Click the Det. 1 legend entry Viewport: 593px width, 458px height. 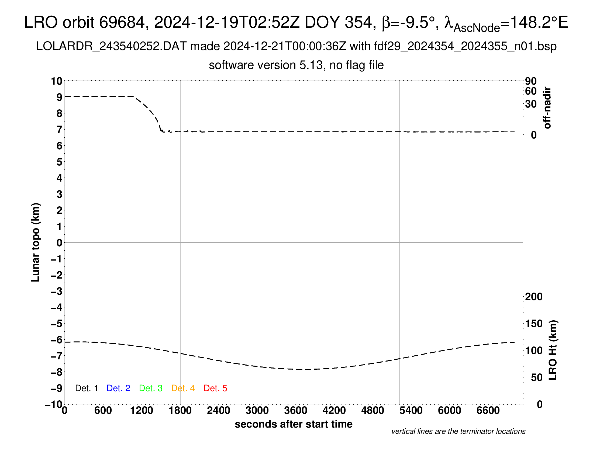tap(86, 388)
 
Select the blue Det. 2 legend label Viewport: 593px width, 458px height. tap(118, 388)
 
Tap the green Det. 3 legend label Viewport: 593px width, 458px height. tap(151, 388)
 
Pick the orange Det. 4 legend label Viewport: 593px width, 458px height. tap(183, 388)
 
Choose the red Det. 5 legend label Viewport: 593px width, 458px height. tap(215, 388)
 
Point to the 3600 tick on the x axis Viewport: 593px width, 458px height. tap(296, 411)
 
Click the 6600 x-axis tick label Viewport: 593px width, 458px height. tap(488, 411)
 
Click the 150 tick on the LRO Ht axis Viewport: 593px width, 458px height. tap(533, 324)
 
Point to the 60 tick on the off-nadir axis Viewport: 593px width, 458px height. tap(531, 91)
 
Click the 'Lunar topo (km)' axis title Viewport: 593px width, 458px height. tap(36, 242)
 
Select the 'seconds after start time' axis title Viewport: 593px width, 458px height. tap(294, 424)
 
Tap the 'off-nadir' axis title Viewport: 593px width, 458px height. tap(547, 108)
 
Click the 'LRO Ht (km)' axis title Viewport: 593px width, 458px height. tap(553, 350)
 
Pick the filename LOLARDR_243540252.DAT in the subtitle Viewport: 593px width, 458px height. tap(111, 46)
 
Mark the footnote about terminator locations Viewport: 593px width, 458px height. tap(458, 431)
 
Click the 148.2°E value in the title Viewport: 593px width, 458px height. tap(539, 22)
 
